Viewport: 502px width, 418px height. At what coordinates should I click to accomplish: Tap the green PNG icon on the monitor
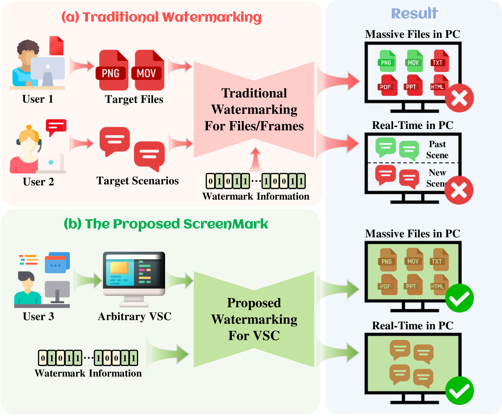click(x=387, y=61)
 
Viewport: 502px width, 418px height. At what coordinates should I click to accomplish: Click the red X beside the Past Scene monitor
click(x=459, y=190)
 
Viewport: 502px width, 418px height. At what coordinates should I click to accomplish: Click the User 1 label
click(x=38, y=99)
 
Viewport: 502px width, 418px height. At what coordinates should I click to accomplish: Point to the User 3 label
click(x=38, y=317)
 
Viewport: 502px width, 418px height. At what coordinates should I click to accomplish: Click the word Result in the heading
click(x=414, y=14)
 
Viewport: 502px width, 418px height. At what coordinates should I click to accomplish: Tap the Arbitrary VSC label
click(x=135, y=317)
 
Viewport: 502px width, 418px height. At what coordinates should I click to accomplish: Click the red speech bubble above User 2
click(x=56, y=127)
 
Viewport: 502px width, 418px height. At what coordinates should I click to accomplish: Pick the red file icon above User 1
click(x=57, y=46)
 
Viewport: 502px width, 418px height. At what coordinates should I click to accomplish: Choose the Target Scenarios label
click(x=138, y=181)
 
